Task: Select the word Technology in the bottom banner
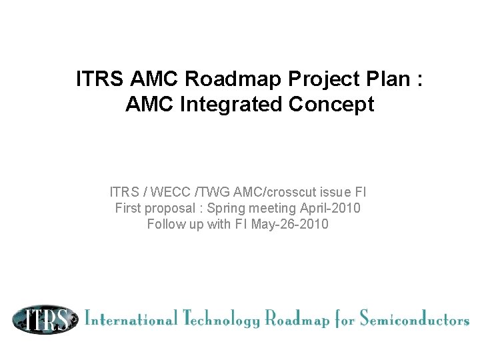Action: click(x=220, y=319)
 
